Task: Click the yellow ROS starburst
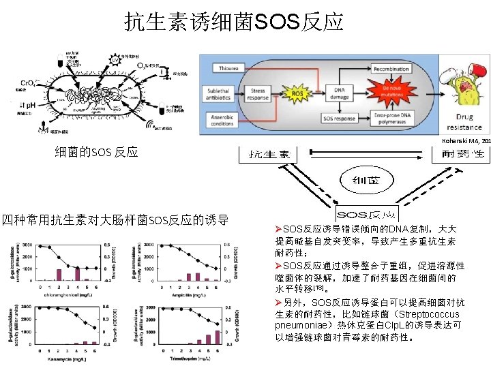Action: pos(297,93)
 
